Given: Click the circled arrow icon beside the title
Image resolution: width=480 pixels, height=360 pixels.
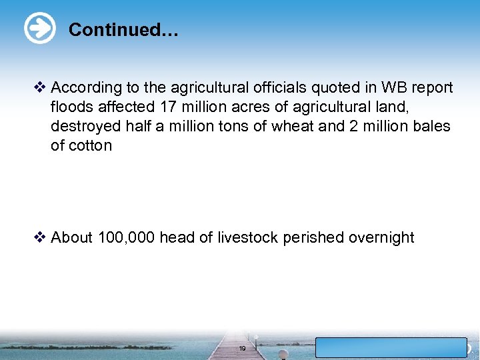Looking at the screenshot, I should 39,29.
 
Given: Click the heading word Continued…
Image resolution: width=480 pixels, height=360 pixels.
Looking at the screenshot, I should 123,30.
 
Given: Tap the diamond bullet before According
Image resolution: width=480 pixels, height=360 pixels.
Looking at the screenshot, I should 41,87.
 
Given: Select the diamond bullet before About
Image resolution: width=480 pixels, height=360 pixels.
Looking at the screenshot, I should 41,237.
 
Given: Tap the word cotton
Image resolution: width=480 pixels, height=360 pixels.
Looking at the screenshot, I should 81,145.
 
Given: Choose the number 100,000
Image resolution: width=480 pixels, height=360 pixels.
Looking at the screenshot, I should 127,237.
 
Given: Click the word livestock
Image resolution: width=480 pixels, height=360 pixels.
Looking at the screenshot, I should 247,237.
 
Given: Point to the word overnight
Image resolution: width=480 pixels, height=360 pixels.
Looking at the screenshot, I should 381,237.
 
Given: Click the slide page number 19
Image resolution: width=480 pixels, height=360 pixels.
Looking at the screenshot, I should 242,349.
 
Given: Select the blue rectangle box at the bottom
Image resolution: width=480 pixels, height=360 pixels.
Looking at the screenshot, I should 391,347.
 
